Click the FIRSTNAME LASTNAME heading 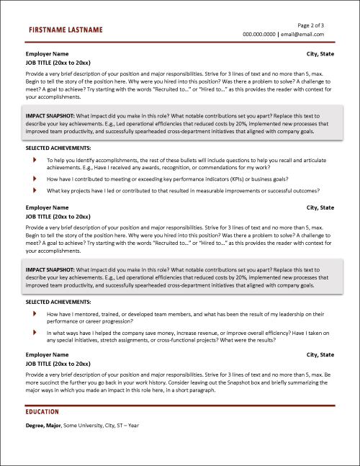click(65, 30)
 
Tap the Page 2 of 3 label click(308, 25)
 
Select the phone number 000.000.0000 click(259, 34)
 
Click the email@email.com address click(302, 34)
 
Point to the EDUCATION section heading click(42, 413)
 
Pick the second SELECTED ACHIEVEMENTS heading click(58, 302)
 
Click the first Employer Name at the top click(48, 54)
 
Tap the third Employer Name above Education click(48, 355)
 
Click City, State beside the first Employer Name click(320, 54)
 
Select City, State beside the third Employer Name click(320, 355)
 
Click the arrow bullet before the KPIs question click(35, 178)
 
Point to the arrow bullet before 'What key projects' click(35, 190)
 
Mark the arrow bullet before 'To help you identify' click(35, 159)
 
